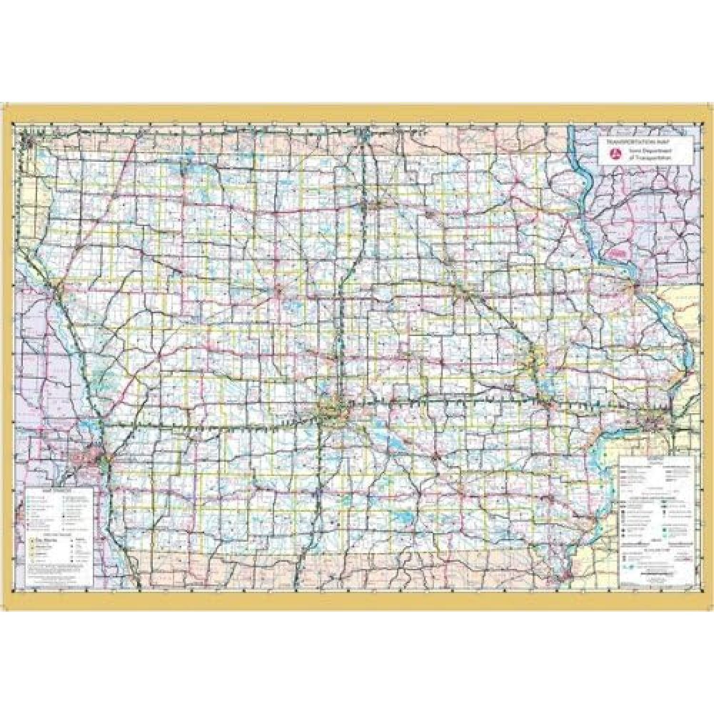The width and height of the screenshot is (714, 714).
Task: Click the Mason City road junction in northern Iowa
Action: click(376, 205)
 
